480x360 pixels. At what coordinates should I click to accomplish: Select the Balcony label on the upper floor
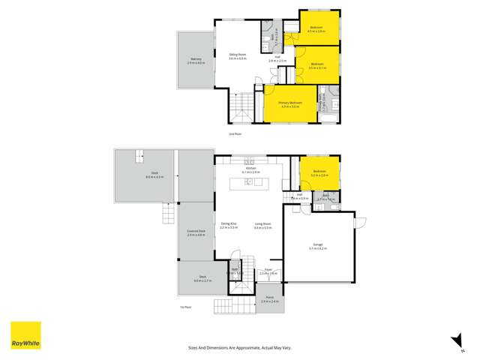pos(196,60)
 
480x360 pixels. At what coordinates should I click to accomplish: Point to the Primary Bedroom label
pos(290,103)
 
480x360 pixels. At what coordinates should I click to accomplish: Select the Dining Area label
pos(229,224)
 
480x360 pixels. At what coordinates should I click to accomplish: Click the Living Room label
pos(262,224)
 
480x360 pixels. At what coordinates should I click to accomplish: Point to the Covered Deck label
pos(196,233)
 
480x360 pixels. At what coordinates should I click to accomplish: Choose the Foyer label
pos(268,272)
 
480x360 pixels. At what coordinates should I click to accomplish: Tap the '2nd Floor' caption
pos(235,133)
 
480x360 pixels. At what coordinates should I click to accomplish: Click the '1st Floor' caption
pos(186,307)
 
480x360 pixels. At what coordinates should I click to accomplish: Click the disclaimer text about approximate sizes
pos(239,347)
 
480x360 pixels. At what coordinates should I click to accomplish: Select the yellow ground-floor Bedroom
pos(319,173)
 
